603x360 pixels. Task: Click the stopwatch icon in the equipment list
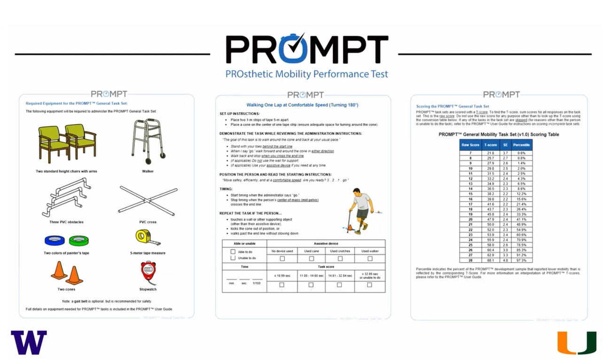[x=148, y=273]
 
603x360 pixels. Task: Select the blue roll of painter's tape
[x=53, y=241]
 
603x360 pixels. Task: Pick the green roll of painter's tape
[x=78, y=241]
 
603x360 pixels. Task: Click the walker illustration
[x=148, y=139]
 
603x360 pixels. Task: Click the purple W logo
[x=29, y=343]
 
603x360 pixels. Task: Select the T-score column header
[x=490, y=145]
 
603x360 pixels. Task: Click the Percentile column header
[x=521, y=145]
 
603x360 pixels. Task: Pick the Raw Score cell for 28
[x=471, y=260]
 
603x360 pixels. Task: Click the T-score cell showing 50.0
[x=490, y=225]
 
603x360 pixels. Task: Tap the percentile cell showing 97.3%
[x=521, y=260]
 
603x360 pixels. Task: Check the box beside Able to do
[x=233, y=252]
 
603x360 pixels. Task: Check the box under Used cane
[x=311, y=258]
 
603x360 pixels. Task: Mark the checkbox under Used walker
[x=370, y=258]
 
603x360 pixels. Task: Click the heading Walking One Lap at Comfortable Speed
[x=302, y=105]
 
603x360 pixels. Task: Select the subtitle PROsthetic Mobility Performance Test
[x=307, y=74]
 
